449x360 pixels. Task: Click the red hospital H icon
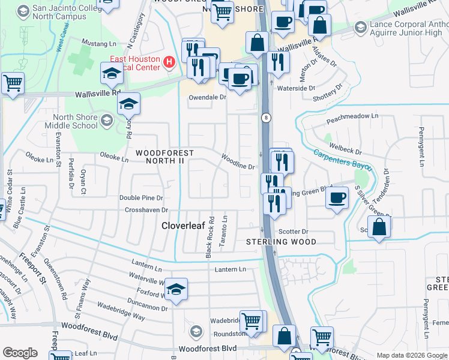coord(169,61)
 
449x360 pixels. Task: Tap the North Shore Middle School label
coord(71,122)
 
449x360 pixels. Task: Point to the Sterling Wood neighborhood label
coord(282,242)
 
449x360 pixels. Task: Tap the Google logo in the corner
coord(20,353)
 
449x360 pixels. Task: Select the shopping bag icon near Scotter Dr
coord(379,227)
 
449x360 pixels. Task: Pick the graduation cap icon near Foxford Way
coord(175,290)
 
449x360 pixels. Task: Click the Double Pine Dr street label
coord(141,197)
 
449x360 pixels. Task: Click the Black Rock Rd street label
coord(209,238)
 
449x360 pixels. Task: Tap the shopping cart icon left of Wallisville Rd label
coord(13,83)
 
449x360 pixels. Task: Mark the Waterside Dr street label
coord(296,88)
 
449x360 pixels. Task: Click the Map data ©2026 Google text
coord(412,355)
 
